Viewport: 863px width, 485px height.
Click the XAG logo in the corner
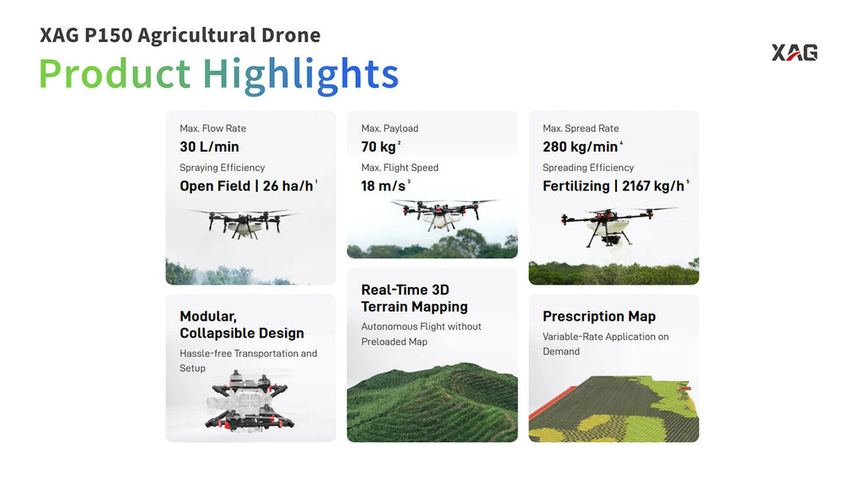tap(794, 52)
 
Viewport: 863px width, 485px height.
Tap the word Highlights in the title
tap(301, 74)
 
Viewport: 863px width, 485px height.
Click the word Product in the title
tap(115, 73)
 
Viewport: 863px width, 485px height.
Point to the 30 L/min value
tap(209, 147)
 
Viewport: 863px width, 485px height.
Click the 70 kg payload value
tap(378, 147)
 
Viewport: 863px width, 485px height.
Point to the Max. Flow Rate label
tap(212, 128)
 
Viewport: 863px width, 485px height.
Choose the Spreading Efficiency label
tap(587, 168)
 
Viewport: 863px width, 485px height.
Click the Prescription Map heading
tap(599, 317)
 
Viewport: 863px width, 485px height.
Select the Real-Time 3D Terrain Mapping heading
tap(415, 298)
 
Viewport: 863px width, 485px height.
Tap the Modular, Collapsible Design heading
tap(242, 324)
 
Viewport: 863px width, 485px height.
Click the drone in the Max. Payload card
tap(442, 213)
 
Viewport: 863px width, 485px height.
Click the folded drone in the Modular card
tap(248, 400)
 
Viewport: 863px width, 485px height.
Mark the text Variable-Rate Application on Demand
tap(605, 344)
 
